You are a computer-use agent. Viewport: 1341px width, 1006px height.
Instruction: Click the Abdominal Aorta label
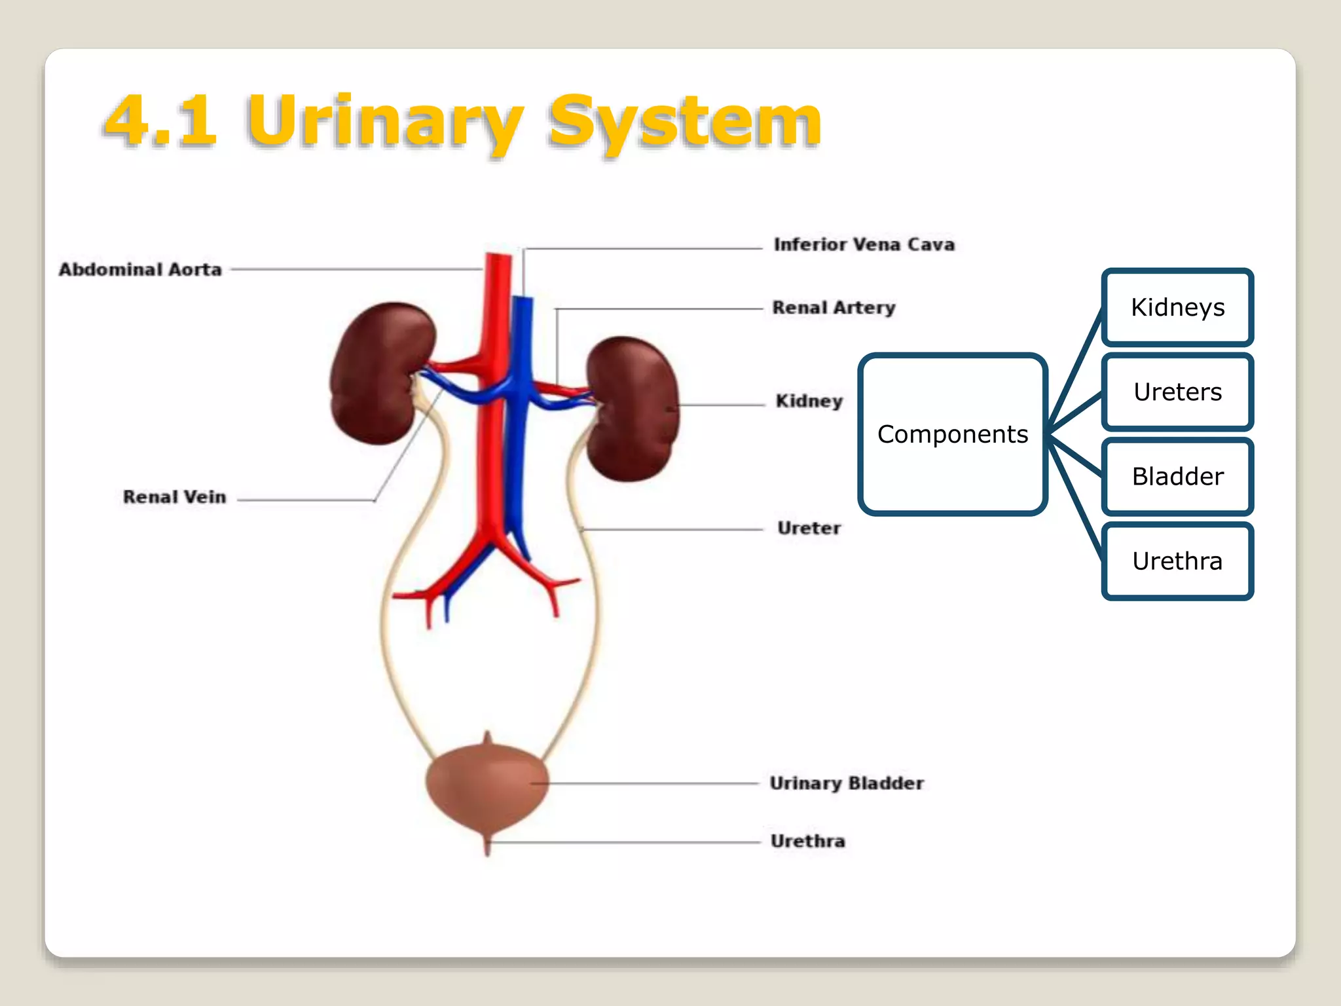[140, 269]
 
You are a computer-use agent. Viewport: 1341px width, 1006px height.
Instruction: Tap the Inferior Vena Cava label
[864, 244]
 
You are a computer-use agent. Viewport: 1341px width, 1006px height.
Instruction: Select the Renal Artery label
[834, 307]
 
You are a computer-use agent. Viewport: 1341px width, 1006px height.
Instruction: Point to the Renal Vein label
[174, 496]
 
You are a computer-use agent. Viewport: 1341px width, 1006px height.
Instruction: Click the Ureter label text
[809, 528]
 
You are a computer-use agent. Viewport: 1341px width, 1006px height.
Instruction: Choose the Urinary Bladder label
[846, 783]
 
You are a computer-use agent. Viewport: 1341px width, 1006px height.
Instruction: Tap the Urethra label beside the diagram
[807, 841]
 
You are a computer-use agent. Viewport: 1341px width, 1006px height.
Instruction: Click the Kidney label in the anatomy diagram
[809, 401]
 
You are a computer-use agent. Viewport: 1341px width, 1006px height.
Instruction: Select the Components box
[952, 434]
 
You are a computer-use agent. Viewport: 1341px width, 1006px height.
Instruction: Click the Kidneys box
[1177, 307]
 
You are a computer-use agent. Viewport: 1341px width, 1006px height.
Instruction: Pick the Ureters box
[1177, 392]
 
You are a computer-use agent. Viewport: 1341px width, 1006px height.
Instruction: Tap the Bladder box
[1177, 476]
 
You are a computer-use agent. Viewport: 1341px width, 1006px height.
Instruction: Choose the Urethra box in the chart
[1177, 561]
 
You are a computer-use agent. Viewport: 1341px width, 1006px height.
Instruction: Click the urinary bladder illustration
[487, 786]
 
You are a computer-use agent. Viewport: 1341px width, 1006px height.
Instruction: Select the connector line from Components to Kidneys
[1075, 370]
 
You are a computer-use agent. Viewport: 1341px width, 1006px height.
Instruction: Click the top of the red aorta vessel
[498, 262]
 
